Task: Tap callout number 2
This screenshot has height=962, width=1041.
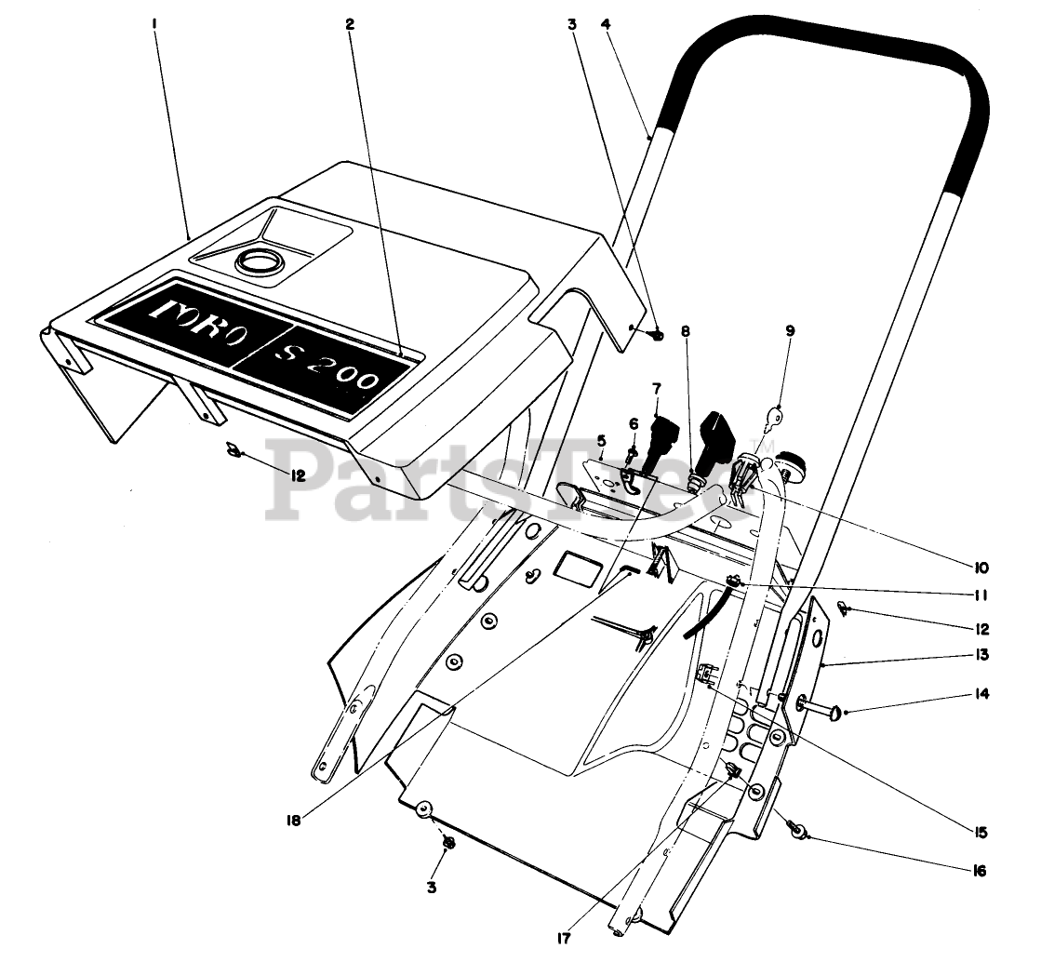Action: click(x=350, y=24)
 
